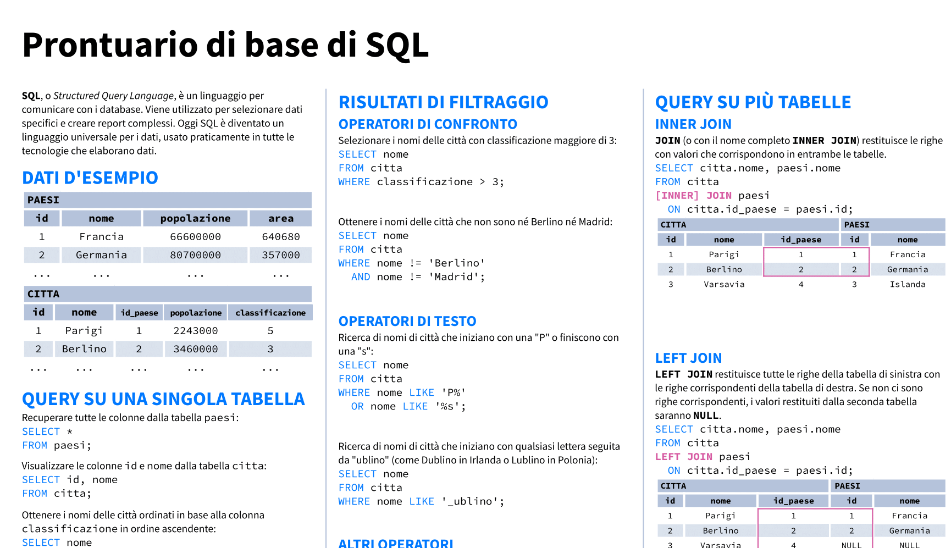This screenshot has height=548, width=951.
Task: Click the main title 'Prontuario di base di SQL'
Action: click(225, 45)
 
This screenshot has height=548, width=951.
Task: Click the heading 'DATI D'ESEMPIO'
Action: click(90, 178)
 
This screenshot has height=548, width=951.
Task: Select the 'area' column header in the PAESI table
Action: click(281, 218)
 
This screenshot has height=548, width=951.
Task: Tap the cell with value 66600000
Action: click(196, 237)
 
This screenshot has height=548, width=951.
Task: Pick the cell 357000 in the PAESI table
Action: click(281, 255)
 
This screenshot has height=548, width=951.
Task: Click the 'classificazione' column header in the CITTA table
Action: click(270, 313)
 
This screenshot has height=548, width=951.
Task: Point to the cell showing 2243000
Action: click(196, 331)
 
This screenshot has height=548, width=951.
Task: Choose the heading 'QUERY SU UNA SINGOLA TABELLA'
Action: click(163, 399)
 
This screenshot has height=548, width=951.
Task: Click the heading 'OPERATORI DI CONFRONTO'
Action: click(428, 124)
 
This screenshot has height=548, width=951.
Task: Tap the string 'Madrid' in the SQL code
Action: click(454, 277)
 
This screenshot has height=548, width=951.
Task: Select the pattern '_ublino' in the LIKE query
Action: click(470, 501)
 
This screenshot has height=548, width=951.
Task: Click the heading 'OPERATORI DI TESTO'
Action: click(407, 321)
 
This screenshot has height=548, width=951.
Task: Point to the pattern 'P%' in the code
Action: click(454, 392)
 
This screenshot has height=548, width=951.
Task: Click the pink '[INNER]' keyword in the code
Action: click(677, 196)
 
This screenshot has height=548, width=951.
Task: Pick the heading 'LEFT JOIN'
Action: click(688, 358)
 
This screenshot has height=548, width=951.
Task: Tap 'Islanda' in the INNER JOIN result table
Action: click(908, 284)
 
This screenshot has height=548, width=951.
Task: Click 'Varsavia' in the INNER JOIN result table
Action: click(724, 284)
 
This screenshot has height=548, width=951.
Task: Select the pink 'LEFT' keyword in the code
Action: click(667, 457)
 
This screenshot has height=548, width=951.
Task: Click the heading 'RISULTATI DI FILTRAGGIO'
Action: click(443, 102)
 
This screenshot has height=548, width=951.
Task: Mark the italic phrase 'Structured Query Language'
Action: click(113, 96)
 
